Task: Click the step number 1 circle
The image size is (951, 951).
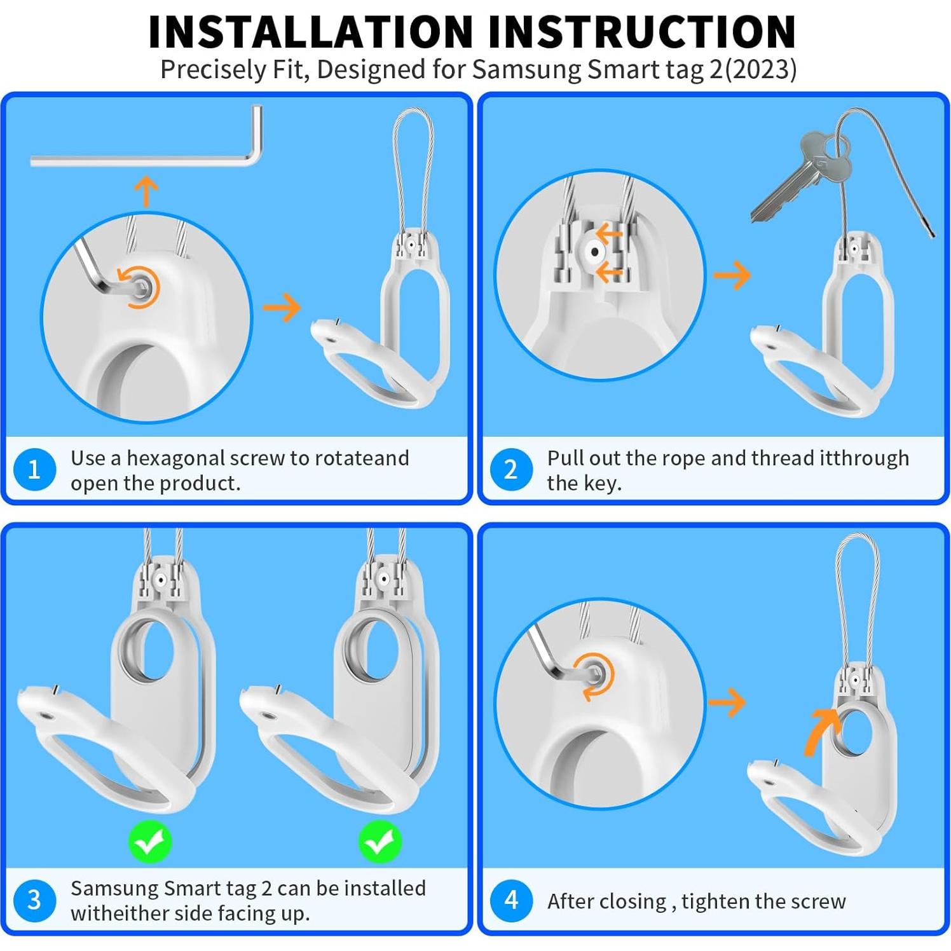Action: point(35,470)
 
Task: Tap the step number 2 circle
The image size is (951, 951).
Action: point(511,470)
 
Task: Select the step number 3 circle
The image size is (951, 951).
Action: point(35,900)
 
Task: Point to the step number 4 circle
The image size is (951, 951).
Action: point(511,900)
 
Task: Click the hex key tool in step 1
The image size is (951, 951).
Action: point(146,161)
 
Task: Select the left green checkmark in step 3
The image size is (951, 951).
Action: point(150,842)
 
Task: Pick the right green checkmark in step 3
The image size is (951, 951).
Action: point(380,842)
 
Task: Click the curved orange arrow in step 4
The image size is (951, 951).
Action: point(819,731)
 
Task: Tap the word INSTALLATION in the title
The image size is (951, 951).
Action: point(311,31)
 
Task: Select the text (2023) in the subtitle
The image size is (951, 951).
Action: point(760,69)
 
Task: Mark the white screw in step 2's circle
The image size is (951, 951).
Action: point(595,252)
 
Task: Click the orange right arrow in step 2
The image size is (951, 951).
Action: point(733,275)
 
